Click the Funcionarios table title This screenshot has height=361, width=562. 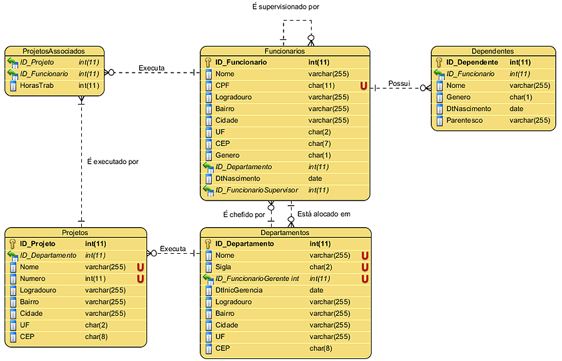[x=284, y=51]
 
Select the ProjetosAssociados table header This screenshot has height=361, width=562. [x=53, y=51]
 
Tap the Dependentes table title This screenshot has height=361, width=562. [x=492, y=51]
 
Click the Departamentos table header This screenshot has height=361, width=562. [x=284, y=232]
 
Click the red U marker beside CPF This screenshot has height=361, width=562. [x=364, y=85]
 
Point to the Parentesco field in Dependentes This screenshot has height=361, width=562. [x=465, y=121]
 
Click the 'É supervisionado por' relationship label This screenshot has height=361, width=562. [x=286, y=7]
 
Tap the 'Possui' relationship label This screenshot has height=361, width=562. [x=400, y=84]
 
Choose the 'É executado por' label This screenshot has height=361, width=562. [x=113, y=161]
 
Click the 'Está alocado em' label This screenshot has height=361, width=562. [x=324, y=214]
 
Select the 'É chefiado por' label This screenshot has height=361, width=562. [x=244, y=214]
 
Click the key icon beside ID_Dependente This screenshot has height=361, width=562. [x=439, y=62]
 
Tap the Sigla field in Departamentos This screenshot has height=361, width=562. [x=224, y=266]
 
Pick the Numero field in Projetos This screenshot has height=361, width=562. [x=33, y=278]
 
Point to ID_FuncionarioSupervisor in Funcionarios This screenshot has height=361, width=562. [x=256, y=190]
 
